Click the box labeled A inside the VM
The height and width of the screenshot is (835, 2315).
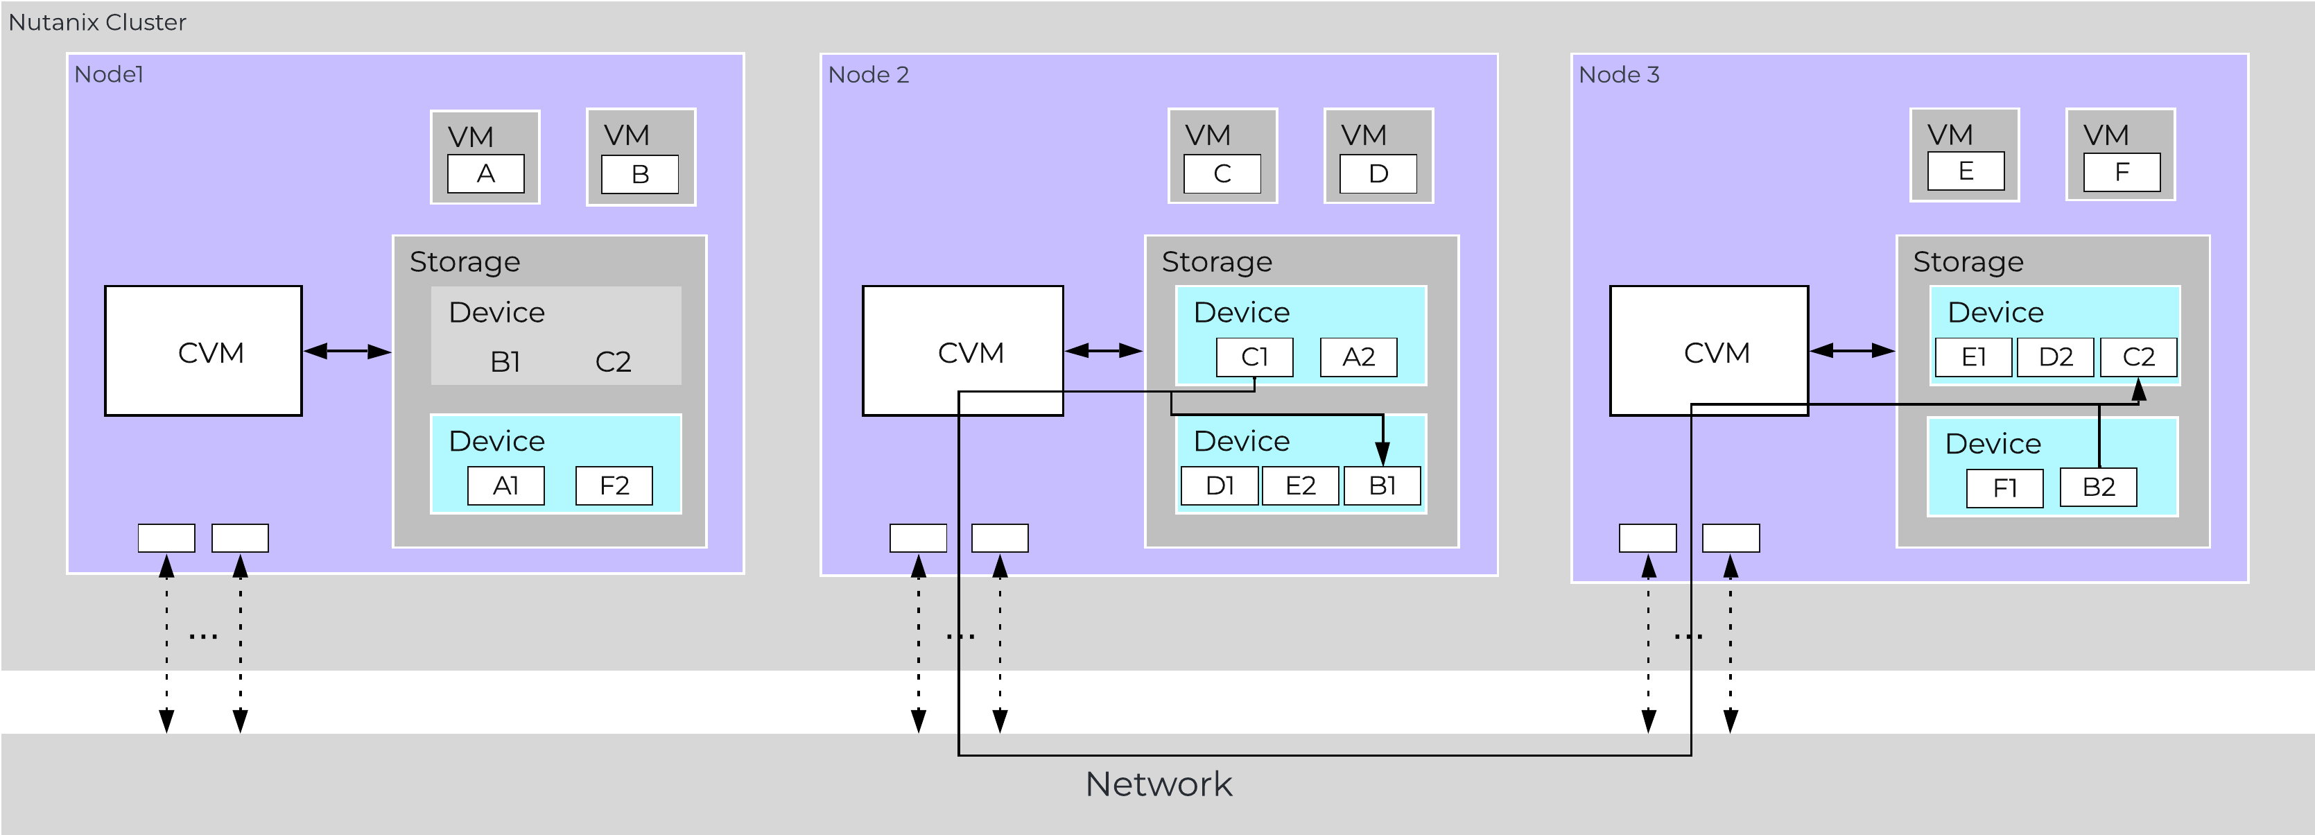[485, 173]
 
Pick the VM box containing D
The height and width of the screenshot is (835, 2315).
[1378, 155]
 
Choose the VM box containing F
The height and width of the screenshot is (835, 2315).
[2120, 154]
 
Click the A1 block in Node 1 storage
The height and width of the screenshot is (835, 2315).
[506, 486]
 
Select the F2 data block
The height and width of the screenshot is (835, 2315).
[614, 486]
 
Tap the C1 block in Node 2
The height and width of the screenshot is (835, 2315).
[1254, 358]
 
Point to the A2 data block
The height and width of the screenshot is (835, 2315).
[1358, 358]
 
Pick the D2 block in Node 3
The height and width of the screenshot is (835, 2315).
[2055, 358]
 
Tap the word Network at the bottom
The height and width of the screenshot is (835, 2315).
[1158, 784]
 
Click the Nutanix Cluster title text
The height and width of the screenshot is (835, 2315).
[97, 22]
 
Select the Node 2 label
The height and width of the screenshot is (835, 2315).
[868, 75]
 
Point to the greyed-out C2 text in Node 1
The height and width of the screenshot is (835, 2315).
[613, 361]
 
